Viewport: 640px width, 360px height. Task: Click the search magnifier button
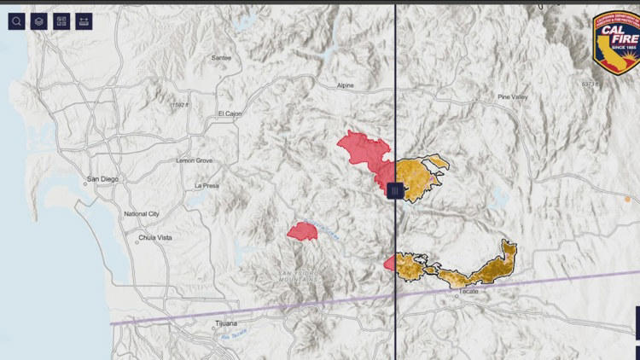click(16, 21)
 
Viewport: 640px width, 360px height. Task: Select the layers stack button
click(38, 21)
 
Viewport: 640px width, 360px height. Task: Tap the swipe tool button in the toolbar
click(84, 21)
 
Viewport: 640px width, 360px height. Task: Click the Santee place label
click(221, 58)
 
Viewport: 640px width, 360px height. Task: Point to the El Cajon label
click(230, 113)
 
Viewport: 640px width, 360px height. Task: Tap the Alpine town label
click(346, 86)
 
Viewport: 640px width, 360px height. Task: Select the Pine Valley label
click(513, 97)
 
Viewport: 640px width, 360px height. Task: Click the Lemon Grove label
click(195, 160)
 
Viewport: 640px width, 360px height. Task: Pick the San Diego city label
click(103, 180)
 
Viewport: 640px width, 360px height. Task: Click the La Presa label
click(207, 185)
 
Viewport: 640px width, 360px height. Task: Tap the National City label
click(142, 213)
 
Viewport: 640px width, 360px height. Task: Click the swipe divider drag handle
click(395, 191)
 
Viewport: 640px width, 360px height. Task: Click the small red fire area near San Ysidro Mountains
click(302, 231)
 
